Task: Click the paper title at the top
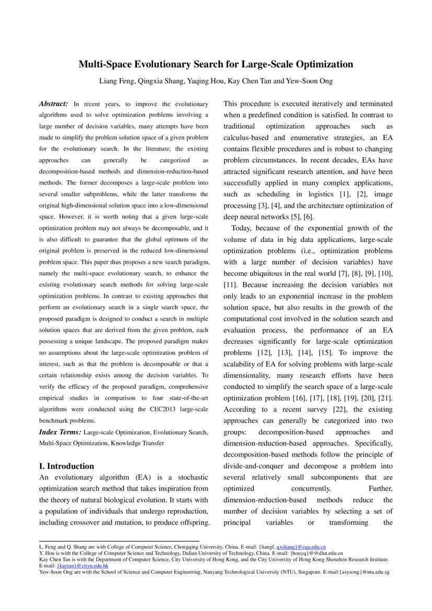[216, 65]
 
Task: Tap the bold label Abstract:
[53, 104]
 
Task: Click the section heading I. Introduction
[67, 466]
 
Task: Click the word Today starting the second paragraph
[242, 228]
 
